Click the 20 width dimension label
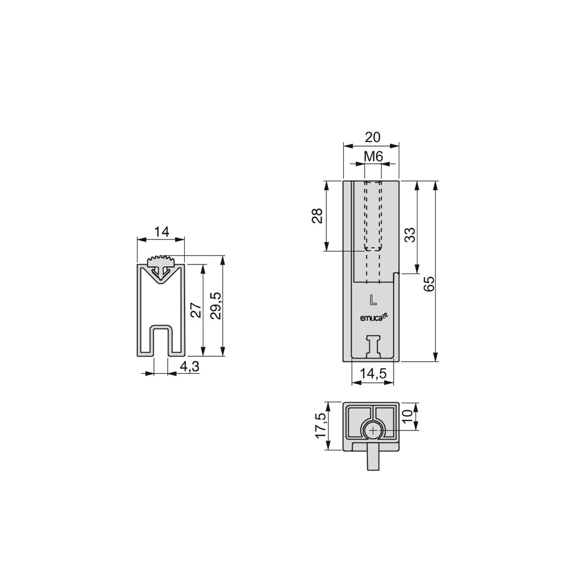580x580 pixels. (372, 137)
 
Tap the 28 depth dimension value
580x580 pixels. (317, 216)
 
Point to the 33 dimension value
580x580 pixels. (410, 234)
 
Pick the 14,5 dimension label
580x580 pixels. (372, 374)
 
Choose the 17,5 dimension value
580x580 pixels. (321, 425)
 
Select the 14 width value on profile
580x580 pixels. (161, 231)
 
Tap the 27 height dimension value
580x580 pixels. (195, 310)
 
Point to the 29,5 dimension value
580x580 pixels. (215, 306)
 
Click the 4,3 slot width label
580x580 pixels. (189, 366)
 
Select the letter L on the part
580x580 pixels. (372, 298)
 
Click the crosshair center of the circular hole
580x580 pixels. (373, 432)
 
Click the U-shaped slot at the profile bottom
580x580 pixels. (161, 340)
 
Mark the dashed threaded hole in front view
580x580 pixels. (372, 216)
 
